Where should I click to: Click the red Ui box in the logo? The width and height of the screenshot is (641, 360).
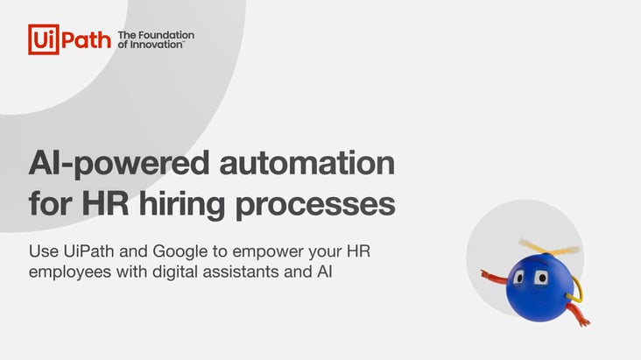[43, 39]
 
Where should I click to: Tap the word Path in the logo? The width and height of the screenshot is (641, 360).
[87, 39]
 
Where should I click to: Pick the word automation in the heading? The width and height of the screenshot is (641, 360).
[307, 163]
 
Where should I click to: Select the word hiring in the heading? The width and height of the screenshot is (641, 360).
[181, 205]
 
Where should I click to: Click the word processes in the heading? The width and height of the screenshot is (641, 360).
[315, 206]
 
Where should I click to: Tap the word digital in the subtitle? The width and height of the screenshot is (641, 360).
[175, 272]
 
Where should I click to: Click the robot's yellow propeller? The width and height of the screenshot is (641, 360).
[549, 246]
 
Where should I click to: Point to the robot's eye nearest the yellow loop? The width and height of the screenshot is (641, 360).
[541, 279]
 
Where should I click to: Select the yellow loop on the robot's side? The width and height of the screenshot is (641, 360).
[577, 291]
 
